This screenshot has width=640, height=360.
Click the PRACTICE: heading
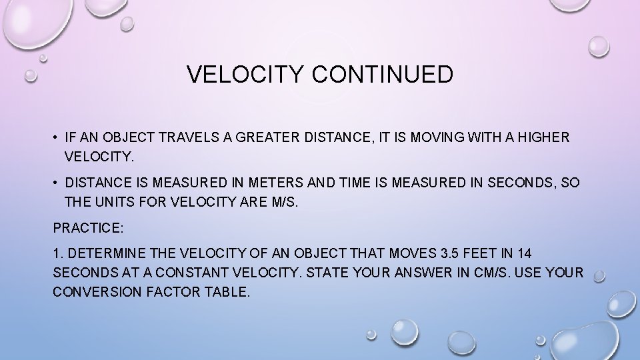tap(88, 228)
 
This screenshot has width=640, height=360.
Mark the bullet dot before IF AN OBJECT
tap(56, 138)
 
